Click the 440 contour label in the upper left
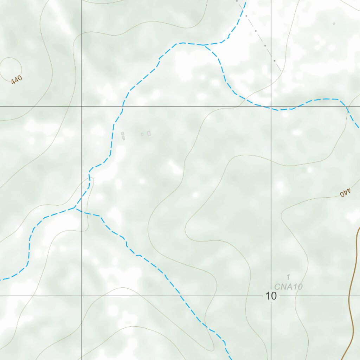click(17, 80)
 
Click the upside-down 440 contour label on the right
click(346, 193)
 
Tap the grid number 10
click(271, 296)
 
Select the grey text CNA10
click(288, 287)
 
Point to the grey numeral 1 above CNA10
click(288, 277)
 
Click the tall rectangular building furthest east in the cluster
click(149, 133)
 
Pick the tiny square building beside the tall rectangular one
click(142, 134)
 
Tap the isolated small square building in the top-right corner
click(334, 24)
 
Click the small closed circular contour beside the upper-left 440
click(11, 68)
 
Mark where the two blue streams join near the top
click(204, 45)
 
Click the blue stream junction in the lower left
click(75, 208)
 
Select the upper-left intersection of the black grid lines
click(82, 106)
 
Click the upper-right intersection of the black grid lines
click(271, 106)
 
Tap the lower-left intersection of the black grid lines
click(82, 296)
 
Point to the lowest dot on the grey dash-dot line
click(275, 60)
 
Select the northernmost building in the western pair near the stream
click(122, 134)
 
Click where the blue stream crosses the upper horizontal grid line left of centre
click(123, 106)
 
